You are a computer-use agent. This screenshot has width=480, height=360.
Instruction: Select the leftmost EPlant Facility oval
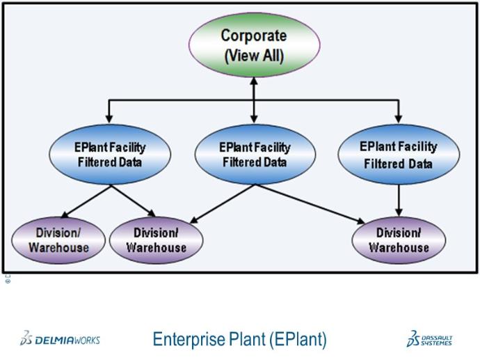click(110, 154)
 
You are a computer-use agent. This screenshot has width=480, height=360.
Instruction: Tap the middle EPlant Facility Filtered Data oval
click(254, 154)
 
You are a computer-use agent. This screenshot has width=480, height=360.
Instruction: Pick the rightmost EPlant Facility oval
click(399, 155)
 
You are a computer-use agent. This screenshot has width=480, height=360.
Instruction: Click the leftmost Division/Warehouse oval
click(58, 239)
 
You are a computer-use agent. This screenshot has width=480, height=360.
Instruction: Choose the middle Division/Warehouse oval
click(156, 240)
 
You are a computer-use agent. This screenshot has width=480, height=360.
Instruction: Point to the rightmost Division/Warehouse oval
click(398, 239)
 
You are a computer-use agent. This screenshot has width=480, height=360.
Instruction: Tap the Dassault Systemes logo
click(429, 339)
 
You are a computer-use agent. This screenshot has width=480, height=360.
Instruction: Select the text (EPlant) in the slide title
click(296, 340)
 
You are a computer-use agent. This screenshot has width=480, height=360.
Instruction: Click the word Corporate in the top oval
click(253, 36)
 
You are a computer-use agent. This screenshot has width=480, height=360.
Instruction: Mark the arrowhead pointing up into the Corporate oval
click(254, 77)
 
